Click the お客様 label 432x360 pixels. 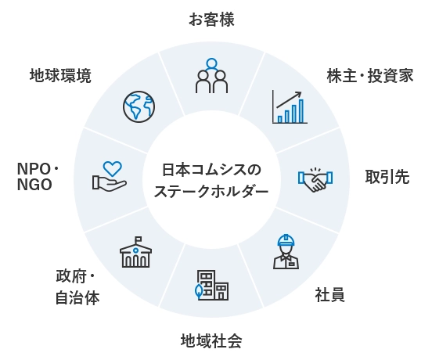point(211,20)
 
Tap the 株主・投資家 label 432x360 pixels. point(370,76)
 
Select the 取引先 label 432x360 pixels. point(387,177)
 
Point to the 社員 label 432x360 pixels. point(329,295)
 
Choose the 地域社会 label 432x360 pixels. point(211,340)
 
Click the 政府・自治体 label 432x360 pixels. point(77,287)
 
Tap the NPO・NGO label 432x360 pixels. point(38,177)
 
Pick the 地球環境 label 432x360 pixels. point(60,76)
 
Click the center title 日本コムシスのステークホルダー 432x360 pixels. point(211,181)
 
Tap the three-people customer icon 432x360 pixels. point(211,76)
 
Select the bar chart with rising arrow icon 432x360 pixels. point(290,106)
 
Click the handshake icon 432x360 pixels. point(315,180)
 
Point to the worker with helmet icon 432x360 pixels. point(286,251)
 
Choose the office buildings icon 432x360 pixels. point(211,285)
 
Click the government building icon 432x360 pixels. point(136,252)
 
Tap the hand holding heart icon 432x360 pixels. point(110,176)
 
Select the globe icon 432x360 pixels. point(139,106)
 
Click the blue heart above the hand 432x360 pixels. point(113,168)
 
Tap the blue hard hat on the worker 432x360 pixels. point(286,240)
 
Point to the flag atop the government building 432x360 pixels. point(138,239)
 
